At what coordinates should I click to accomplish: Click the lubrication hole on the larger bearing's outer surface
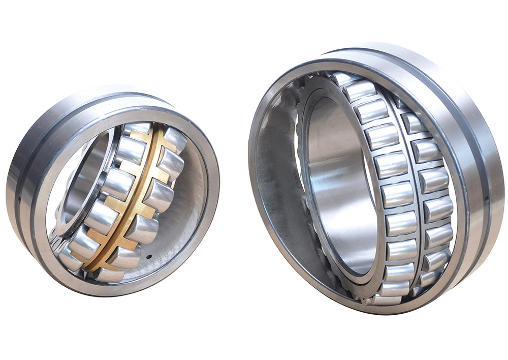pos(486,197)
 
